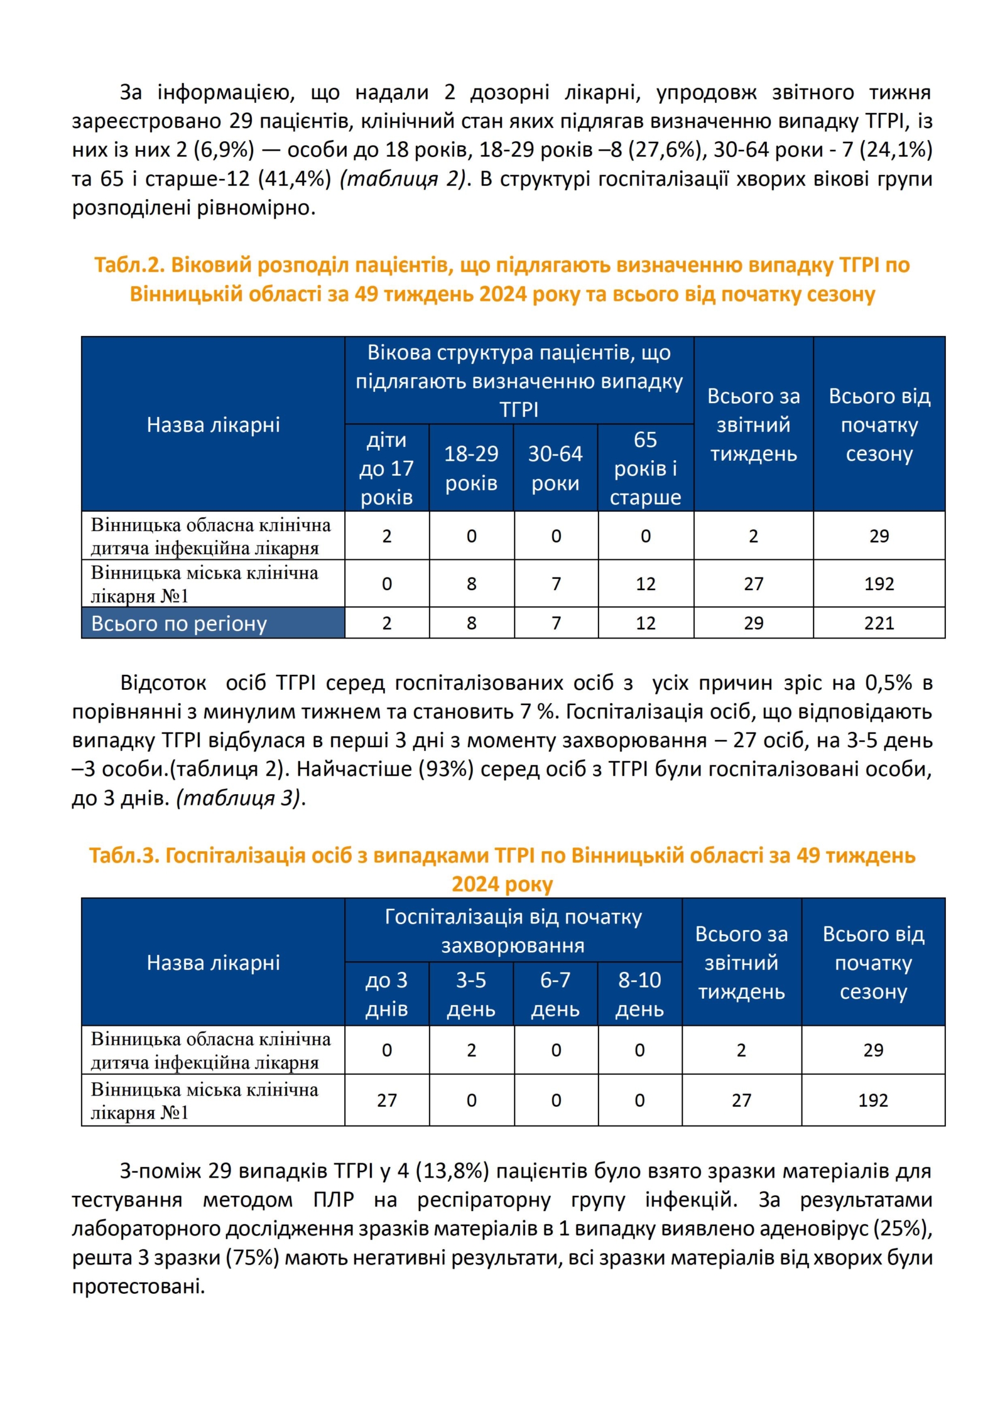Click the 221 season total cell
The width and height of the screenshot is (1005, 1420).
(x=878, y=623)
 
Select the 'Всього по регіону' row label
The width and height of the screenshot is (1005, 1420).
(x=179, y=623)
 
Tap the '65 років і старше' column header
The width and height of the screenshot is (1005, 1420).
(x=645, y=468)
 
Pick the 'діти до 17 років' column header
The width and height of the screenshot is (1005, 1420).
(x=386, y=468)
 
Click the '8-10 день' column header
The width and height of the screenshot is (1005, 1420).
(x=639, y=994)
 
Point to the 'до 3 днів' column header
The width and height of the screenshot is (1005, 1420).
(x=386, y=994)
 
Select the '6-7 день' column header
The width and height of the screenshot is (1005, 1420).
(x=555, y=994)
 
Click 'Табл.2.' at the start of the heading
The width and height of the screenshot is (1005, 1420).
(x=129, y=265)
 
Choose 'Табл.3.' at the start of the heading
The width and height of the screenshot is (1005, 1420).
(x=124, y=855)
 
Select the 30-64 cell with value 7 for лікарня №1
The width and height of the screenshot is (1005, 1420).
(x=556, y=584)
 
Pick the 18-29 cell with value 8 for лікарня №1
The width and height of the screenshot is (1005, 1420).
(x=471, y=584)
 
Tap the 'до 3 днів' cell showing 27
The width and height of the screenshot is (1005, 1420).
(x=386, y=1100)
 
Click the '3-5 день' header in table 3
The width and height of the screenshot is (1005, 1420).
(x=471, y=994)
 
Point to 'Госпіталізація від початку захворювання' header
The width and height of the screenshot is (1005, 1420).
(x=513, y=930)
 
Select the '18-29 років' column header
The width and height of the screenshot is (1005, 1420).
(x=471, y=468)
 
